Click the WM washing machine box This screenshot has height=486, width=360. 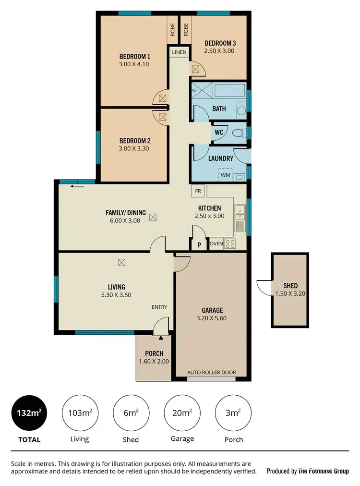226,175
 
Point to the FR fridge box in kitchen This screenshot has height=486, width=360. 198,191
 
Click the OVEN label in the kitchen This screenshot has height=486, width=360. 216,244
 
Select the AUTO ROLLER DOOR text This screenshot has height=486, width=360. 211,373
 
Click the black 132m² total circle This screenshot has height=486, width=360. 29,413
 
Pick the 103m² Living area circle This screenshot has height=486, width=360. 79,413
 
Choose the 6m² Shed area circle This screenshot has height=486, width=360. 131,413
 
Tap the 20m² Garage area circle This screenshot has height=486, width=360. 182,413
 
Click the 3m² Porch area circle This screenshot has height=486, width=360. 234,413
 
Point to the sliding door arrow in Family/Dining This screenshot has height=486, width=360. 74,186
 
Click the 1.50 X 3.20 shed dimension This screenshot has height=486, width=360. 290,293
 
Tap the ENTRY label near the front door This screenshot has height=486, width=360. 159,307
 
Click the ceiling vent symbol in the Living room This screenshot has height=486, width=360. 122,262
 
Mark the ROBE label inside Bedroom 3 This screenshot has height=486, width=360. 185,30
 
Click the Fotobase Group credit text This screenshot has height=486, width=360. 308,471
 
